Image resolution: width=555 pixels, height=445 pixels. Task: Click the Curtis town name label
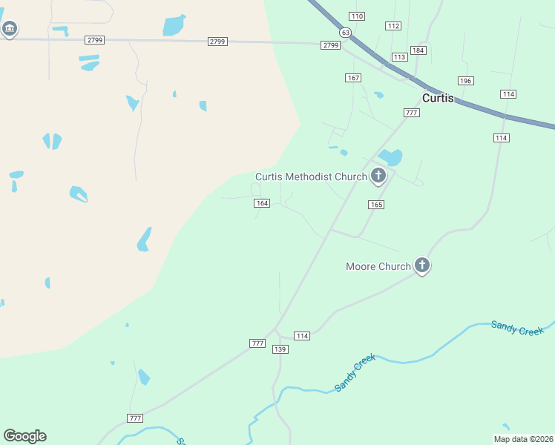click(438, 98)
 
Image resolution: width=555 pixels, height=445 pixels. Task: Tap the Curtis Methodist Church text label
click(311, 177)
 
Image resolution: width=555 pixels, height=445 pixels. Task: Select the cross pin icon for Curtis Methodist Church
click(378, 176)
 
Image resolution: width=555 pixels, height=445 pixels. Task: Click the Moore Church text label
click(378, 266)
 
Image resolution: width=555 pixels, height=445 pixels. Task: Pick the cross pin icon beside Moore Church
click(422, 265)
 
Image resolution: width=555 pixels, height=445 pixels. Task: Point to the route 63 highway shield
click(346, 33)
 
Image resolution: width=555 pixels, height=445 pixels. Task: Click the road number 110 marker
click(357, 16)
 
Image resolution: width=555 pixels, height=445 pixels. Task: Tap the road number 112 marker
click(393, 26)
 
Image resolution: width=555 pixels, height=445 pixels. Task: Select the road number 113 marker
click(400, 57)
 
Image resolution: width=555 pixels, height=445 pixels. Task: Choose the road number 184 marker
click(418, 50)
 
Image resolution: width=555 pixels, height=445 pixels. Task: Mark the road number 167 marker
click(353, 78)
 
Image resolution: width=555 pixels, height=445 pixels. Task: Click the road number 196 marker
click(465, 80)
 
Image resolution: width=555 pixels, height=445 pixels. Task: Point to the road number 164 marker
click(261, 203)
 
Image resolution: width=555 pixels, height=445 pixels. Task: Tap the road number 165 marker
click(375, 204)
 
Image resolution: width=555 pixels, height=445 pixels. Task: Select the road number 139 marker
click(280, 349)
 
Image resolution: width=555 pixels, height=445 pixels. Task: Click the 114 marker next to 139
click(301, 336)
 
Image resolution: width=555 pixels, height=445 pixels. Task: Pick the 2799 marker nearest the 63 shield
click(331, 45)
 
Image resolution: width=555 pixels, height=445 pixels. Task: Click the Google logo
click(24, 436)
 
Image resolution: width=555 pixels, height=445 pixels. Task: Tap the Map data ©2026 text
click(523, 439)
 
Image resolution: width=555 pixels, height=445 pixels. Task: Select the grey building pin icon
click(9, 29)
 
